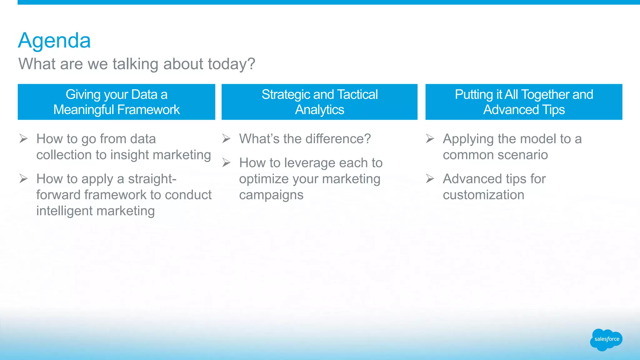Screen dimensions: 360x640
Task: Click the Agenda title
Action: (54, 41)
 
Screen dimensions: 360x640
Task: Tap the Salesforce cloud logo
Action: (606, 339)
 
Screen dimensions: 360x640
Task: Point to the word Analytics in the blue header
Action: (319, 110)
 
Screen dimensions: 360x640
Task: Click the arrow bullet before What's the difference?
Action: (226, 138)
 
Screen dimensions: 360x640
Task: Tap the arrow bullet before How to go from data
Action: (23, 138)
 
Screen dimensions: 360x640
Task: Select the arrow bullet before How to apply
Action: (23, 178)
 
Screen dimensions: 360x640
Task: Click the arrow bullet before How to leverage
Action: (226, 162)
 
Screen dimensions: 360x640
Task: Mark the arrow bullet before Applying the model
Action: (430, 138)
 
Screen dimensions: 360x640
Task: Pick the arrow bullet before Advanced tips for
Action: (430, 178)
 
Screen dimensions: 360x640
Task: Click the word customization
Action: (483, 195)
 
